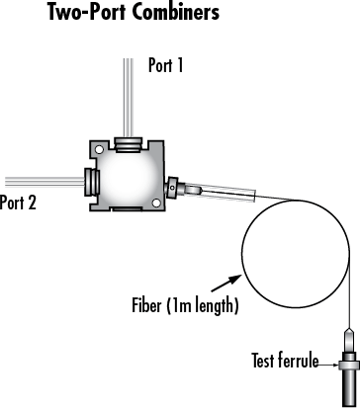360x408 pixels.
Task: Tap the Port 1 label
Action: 165,66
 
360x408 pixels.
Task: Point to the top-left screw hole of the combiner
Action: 99,150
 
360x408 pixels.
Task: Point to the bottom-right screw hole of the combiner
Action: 159,202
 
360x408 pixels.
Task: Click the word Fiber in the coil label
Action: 175,302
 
